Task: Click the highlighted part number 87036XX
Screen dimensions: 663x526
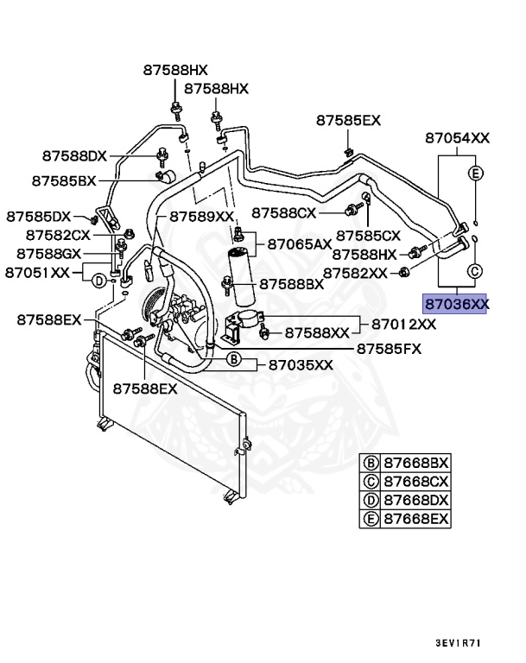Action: coord(455,303)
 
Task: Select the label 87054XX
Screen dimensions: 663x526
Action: coord(458,137)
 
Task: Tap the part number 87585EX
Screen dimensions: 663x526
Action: coord(348,120)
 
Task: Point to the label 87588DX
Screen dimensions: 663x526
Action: coord(74,155)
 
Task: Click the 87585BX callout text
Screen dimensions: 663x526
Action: coord(64,181)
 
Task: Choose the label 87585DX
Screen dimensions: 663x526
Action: coord(39,216)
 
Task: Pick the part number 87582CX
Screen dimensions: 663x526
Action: coord(58,234)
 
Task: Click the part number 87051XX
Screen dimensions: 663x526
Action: coord(36,272)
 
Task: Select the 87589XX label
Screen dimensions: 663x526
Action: coord(202,216)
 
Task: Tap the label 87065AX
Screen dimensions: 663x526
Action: coord(300,244)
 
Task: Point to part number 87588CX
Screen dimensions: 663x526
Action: coord(285,212)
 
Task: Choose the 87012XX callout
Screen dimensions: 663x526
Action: coord(404,325)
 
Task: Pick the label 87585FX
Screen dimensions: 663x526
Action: coord(389,348)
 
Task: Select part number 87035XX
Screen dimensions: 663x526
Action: coord(300,364)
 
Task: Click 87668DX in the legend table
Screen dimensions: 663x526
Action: coord(416,500)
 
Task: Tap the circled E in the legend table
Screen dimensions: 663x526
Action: coord(371,518)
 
